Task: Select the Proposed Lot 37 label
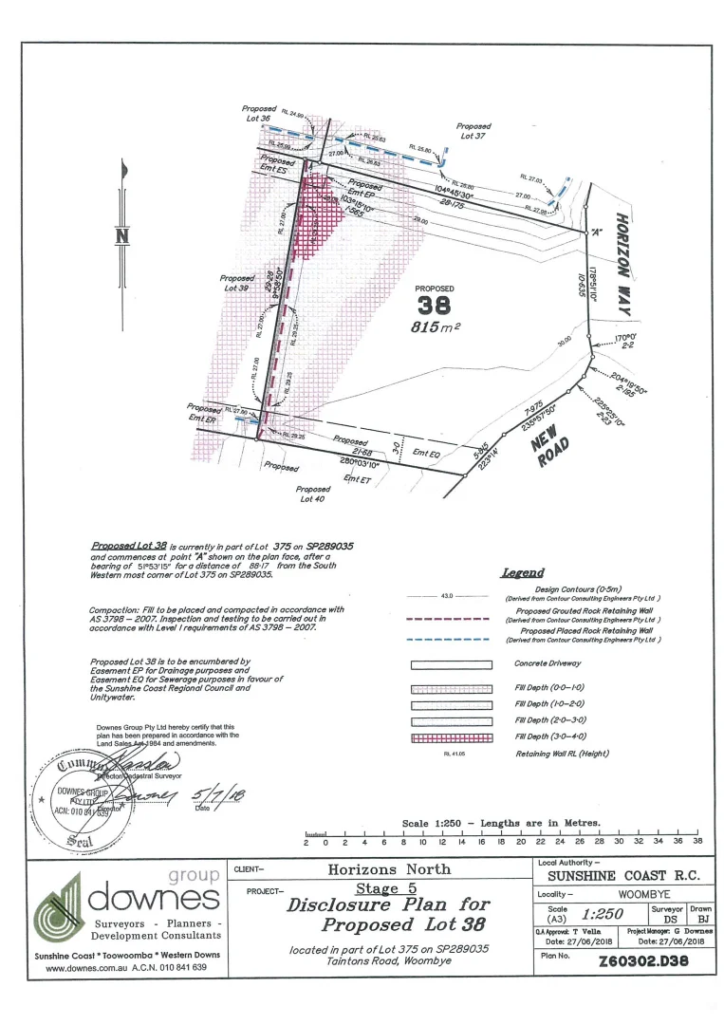(x=473, y=131)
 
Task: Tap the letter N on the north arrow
(x=121, y=236)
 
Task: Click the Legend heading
(x=522, y=572)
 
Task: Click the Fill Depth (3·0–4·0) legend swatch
(x=450, y=736)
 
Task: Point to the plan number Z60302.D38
(x=643, y=960)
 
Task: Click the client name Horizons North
(x=389, y=868)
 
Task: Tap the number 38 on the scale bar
(x=696, y=841)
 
